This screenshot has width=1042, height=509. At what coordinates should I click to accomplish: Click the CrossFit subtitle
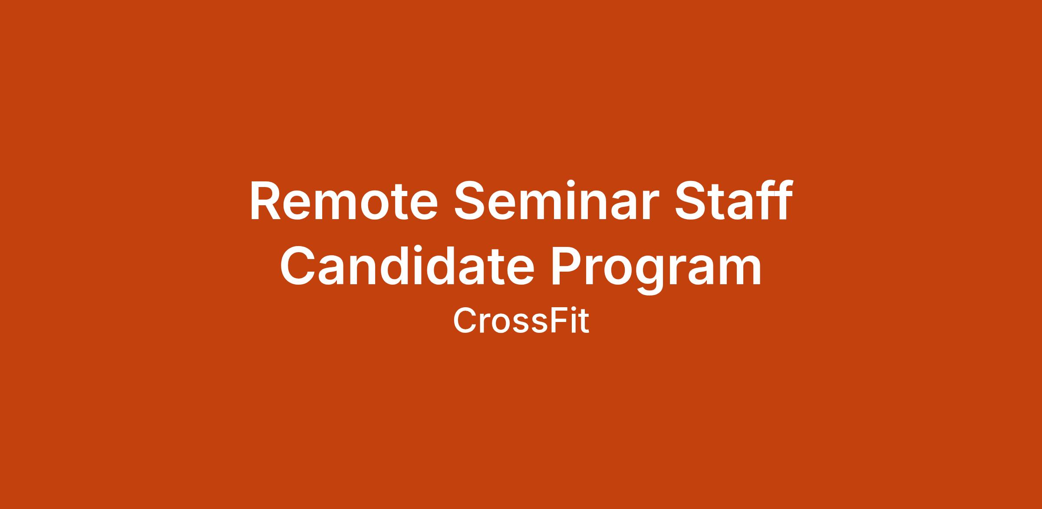(x=521, y=321)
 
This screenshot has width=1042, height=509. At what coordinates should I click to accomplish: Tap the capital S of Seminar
(x=470, y=201)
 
